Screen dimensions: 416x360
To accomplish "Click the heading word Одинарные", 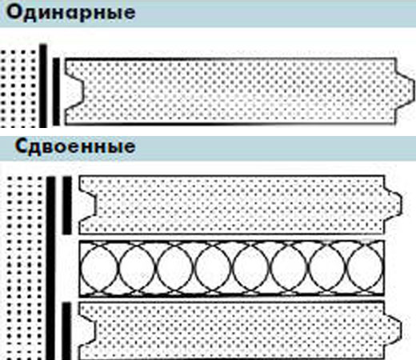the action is (71, 12).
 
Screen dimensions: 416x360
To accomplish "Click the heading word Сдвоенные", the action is (75, 146).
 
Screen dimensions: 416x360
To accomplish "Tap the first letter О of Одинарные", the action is (14, 12).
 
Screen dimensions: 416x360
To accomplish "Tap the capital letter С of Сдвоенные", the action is (22, 146).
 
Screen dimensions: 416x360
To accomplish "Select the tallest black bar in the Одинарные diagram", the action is (43, 86).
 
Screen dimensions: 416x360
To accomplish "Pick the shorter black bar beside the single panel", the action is (56, 91).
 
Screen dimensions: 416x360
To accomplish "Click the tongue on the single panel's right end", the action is (405, 87).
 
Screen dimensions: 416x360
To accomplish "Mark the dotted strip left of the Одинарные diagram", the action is (18, 89).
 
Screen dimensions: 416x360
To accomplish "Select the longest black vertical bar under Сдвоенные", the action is (50, 268).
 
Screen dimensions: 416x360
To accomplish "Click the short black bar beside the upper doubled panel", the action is (67, 206).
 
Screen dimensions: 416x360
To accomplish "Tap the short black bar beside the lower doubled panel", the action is (66, 331).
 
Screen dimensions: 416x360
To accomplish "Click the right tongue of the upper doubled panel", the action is (393, 204).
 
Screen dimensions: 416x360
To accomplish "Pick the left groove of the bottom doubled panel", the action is (87, 330).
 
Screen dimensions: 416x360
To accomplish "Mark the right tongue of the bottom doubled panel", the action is (393, 330).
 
